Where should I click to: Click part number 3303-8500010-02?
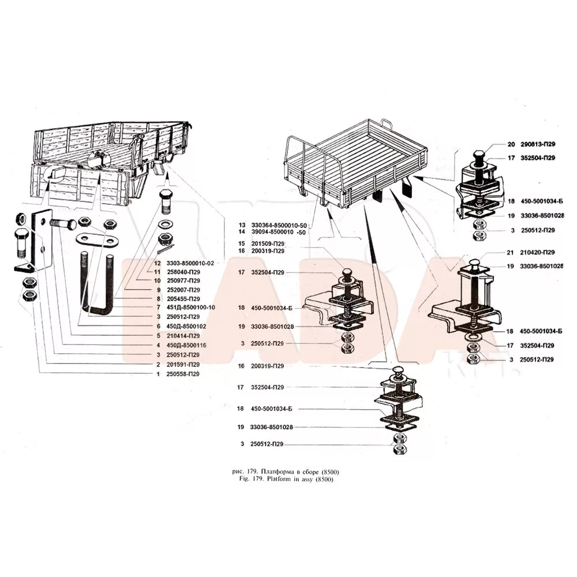(190, 263)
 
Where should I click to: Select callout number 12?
(156, 263)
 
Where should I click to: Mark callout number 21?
(509, 253)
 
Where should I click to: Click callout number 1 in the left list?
(158, 374)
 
